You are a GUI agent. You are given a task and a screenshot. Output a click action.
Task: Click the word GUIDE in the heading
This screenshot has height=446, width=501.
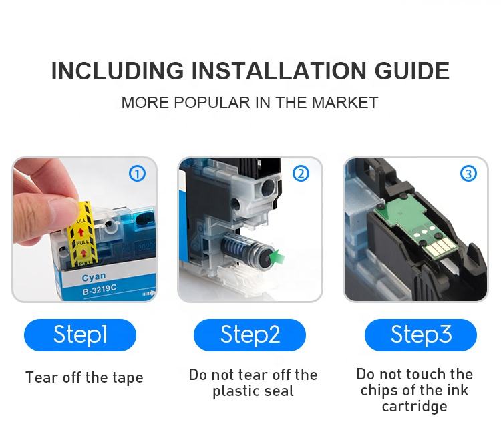(412, 71)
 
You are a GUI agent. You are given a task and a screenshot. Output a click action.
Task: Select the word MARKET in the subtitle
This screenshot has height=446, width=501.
(345, 103)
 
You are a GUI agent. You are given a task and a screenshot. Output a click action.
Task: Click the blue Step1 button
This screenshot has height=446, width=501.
(80, 335)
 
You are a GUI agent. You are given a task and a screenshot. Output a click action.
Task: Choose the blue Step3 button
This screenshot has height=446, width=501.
(420, 335)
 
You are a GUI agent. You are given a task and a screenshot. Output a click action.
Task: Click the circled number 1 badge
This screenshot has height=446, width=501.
(137, 174)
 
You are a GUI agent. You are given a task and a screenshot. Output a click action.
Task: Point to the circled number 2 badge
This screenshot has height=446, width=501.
(301, 174)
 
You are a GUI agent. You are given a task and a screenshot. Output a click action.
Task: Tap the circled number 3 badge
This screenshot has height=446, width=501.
(468, 174)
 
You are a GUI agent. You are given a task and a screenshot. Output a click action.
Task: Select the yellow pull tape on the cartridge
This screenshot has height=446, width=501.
(81, 234)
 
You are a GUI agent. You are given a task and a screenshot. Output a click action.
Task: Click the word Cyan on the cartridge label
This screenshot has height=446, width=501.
(94, 277)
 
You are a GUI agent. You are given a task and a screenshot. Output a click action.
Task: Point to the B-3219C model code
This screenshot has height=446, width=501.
(100, 290)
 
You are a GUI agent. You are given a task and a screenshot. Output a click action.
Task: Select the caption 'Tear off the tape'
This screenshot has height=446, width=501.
(84, 377)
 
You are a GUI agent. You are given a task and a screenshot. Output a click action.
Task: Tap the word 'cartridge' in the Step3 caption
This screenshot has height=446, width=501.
(414, 407)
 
